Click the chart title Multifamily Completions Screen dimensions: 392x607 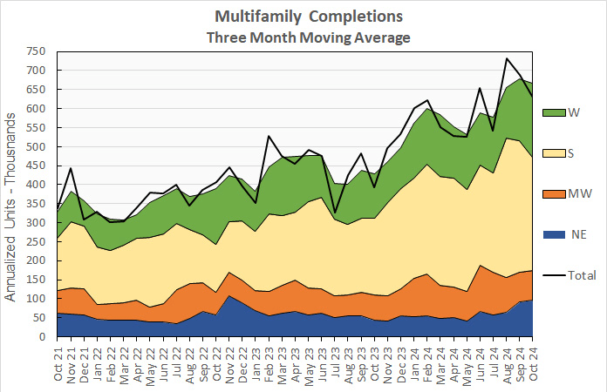(x=308, y=17)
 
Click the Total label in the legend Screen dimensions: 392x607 (x=582, y=275)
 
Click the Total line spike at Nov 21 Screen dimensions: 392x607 (x=72, y=168)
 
